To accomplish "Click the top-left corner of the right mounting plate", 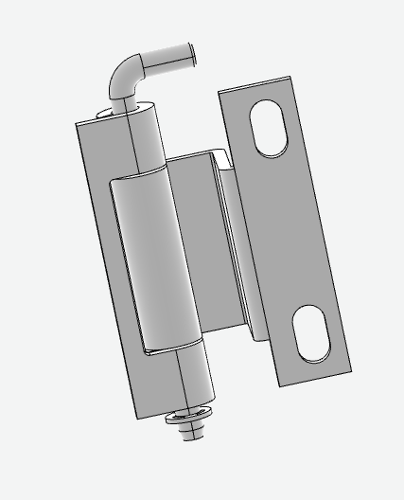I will (x=220, y=93).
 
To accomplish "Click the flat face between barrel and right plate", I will (x=203, y=246).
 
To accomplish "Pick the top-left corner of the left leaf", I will (x=78, y=124).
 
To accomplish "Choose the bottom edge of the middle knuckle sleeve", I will (x=175, y=346).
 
